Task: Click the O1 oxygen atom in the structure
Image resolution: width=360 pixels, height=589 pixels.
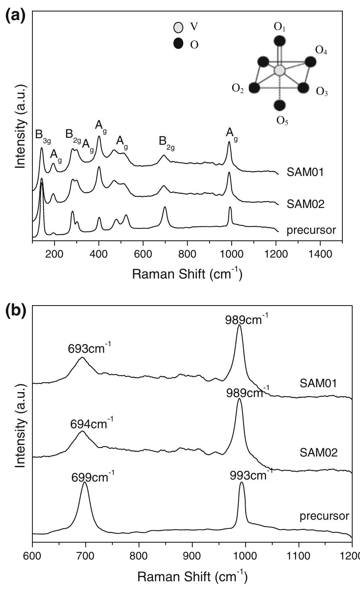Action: click(x=280, y=41)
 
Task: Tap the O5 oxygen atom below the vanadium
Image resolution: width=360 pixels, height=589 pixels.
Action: click(x=280, y=105)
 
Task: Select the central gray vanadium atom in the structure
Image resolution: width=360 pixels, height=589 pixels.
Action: click(x=280, y=70)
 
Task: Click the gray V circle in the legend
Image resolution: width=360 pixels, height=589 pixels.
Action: click(x=178, y=28)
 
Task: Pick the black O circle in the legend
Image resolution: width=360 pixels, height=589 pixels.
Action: click(x=178, y=43)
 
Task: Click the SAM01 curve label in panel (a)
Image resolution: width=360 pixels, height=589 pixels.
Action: click(x=306, y=172)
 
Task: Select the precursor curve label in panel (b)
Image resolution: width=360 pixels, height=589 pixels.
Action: click(x=324, y=516)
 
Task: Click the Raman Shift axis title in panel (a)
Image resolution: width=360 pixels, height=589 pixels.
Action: click(x=187, y=274)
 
